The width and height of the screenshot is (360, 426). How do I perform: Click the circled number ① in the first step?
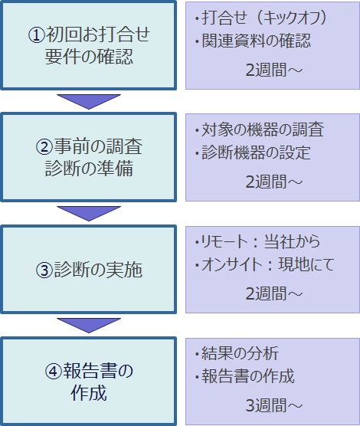pos(37,35)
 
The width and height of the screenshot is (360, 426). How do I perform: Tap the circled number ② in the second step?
pos(44,147)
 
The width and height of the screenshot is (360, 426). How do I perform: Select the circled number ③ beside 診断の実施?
pos(44,270)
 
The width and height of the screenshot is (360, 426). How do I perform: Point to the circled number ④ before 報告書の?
pos(53,372)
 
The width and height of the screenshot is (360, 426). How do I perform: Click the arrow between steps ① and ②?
pos(89,102)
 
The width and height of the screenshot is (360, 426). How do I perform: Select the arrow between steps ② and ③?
pos(89,214)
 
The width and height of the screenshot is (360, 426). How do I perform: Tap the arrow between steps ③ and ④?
pos(89,326)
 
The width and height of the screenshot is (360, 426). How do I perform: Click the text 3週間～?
pos(274,405)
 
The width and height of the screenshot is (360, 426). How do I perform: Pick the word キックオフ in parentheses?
pos(291,18)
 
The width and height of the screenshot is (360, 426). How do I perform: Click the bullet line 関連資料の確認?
pos(253,41)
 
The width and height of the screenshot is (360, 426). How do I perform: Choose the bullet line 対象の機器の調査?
pos(260,129)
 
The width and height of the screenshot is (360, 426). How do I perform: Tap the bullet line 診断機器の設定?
pos(253,152)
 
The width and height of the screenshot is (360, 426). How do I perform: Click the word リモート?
pos(223,242)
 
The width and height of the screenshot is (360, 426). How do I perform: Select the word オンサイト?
pos(231,264)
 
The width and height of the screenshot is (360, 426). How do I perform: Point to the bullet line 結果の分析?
pos(237,354)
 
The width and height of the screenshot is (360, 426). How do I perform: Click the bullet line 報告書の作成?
pos(245,376)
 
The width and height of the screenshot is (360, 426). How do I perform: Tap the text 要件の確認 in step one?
pos(89,57)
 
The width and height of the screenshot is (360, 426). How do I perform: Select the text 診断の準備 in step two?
pos(89,169)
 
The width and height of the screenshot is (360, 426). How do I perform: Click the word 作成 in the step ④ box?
pos(89,393)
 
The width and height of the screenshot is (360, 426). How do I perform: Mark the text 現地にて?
pos(306,264)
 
